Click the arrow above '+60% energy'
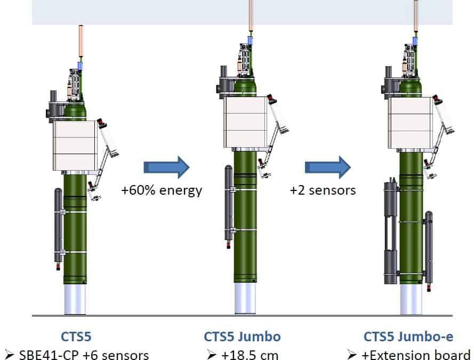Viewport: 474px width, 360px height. click(166, 167)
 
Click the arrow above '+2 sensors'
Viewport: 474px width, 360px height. click(328, 167)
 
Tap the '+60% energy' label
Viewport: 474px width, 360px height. click(162, 190)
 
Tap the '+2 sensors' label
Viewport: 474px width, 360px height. click(323, 190)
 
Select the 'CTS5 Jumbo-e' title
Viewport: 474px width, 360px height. click(408, 337)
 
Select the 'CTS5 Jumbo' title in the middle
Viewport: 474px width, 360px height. click(243, 337)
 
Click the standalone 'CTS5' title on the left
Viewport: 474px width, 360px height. click(76, 337)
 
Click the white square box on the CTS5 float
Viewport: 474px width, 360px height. click(75, 146)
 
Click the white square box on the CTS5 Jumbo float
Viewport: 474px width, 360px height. click(245, 122)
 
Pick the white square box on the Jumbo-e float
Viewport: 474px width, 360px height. click(411, 123)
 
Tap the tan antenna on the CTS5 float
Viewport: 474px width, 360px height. click(81, 41)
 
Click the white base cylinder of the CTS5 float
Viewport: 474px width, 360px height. click(75, 299)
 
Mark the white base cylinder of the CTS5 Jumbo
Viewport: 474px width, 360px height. click(245, 298)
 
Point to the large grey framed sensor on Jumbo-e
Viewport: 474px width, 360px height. click(390, 233)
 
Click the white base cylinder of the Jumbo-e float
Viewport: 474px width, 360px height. click(411, 299)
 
